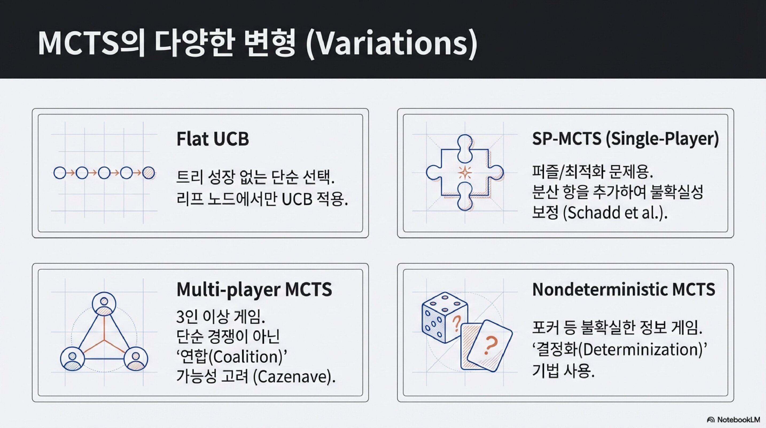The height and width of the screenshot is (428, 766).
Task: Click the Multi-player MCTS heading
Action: pyautogui.click(x=254, y=289)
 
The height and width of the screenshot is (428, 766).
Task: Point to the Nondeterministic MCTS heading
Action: pyautogui.click(x=624, y=289)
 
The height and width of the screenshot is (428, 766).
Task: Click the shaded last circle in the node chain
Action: pyautogui.click(x=148, y=173)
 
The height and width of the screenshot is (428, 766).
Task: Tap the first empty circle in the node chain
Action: pyautogui.click(x=60, y=173)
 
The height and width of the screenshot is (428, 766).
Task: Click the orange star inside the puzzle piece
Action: pyautogui.click(x=464, y=173)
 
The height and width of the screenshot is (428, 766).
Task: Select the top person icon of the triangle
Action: pyautogui.click(x=104, y=304)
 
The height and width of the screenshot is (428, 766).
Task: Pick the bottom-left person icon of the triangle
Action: pyautogui.click(x=72, y=359)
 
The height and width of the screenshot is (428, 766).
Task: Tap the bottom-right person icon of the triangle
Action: pyautogui.click(x=136, y=359)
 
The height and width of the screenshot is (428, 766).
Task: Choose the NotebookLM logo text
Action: pyautogui.click(x=738, y=420)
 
